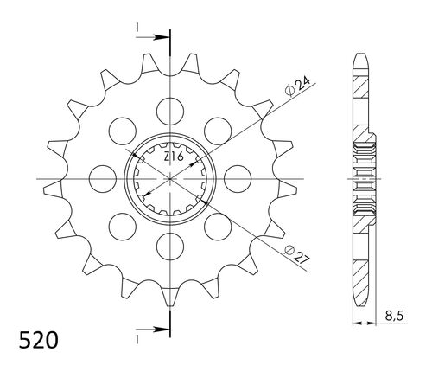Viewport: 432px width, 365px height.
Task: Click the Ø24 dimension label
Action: click(x=297, y=86)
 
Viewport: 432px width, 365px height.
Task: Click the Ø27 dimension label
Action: click(x=296, y=254)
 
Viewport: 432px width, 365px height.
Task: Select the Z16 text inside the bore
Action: click(x=174, y=157)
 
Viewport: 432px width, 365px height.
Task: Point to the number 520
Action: click(x=39, y=340)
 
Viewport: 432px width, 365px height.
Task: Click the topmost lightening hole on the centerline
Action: click(x=170, y=112)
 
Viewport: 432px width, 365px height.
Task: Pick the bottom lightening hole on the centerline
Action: click(x=170, y=247)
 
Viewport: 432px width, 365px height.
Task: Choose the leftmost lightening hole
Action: click(x=103, y=179)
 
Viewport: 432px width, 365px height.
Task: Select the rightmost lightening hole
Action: click(x=238, y=179)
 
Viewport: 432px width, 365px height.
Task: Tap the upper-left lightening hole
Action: click(x=123, y=131)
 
